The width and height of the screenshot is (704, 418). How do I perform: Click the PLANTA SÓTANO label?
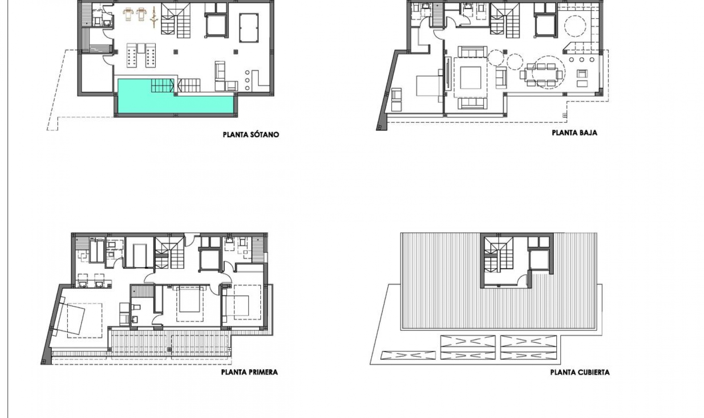(251, 135)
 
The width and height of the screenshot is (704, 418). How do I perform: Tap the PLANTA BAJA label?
(574, 133)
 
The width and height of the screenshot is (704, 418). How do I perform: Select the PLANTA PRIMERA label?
(249, 372)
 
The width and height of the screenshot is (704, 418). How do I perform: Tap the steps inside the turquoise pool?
(162, 85)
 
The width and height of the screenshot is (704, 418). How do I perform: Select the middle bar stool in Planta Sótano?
(247, 80)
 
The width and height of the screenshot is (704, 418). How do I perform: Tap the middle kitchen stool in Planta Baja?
(582, 60)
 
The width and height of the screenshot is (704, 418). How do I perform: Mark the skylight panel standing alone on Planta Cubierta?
(408, 355)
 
